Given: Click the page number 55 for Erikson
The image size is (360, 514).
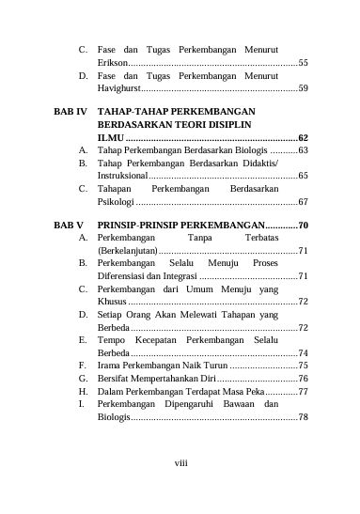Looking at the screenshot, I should point(303,62).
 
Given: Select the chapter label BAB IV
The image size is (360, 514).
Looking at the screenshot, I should point(70,111).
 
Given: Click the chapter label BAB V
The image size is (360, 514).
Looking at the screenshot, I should point(69,226).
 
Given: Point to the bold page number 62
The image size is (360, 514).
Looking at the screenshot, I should point(303,137).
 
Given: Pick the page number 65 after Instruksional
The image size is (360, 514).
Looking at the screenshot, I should point(303,175).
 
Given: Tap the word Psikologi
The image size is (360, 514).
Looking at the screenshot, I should point(116,201).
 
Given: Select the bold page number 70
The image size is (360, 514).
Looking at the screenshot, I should point(303,226).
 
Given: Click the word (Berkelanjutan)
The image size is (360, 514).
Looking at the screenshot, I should point(127,252).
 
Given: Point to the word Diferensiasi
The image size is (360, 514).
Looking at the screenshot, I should point(125,277).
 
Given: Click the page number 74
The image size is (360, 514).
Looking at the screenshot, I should point(303,353).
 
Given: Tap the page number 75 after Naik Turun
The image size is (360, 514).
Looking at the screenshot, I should point(303,366).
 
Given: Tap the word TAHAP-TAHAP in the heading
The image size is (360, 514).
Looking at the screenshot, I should point(132,111).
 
